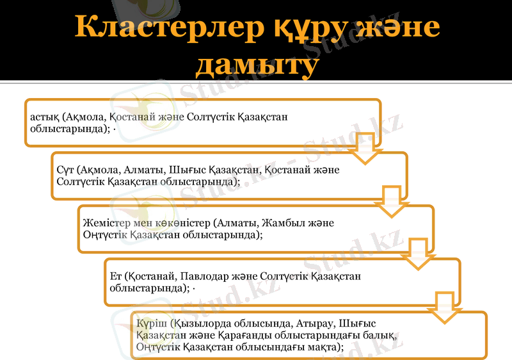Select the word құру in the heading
click(303, 28)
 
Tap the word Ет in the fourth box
click(116, 277)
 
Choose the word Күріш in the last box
click(150, 323)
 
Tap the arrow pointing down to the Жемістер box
click(392, 201)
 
